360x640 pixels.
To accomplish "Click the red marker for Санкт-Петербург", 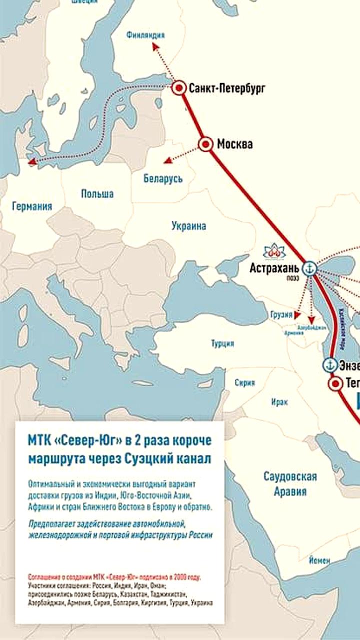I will (179, 88).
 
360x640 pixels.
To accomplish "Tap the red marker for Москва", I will (205, 144).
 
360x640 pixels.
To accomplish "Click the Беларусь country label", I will (163, 178).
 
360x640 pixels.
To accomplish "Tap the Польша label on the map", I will (97, 193).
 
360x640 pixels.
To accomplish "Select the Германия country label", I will (32, 206).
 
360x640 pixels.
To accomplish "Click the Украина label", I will (188, 225).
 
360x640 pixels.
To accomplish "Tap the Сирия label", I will (244, 382).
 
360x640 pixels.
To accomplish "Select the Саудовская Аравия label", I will (290, 483).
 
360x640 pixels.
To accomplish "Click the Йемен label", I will (319, 560).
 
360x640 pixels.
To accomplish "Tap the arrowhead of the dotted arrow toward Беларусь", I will (166, 161).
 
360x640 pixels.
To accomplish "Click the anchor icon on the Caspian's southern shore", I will (329, 364).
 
